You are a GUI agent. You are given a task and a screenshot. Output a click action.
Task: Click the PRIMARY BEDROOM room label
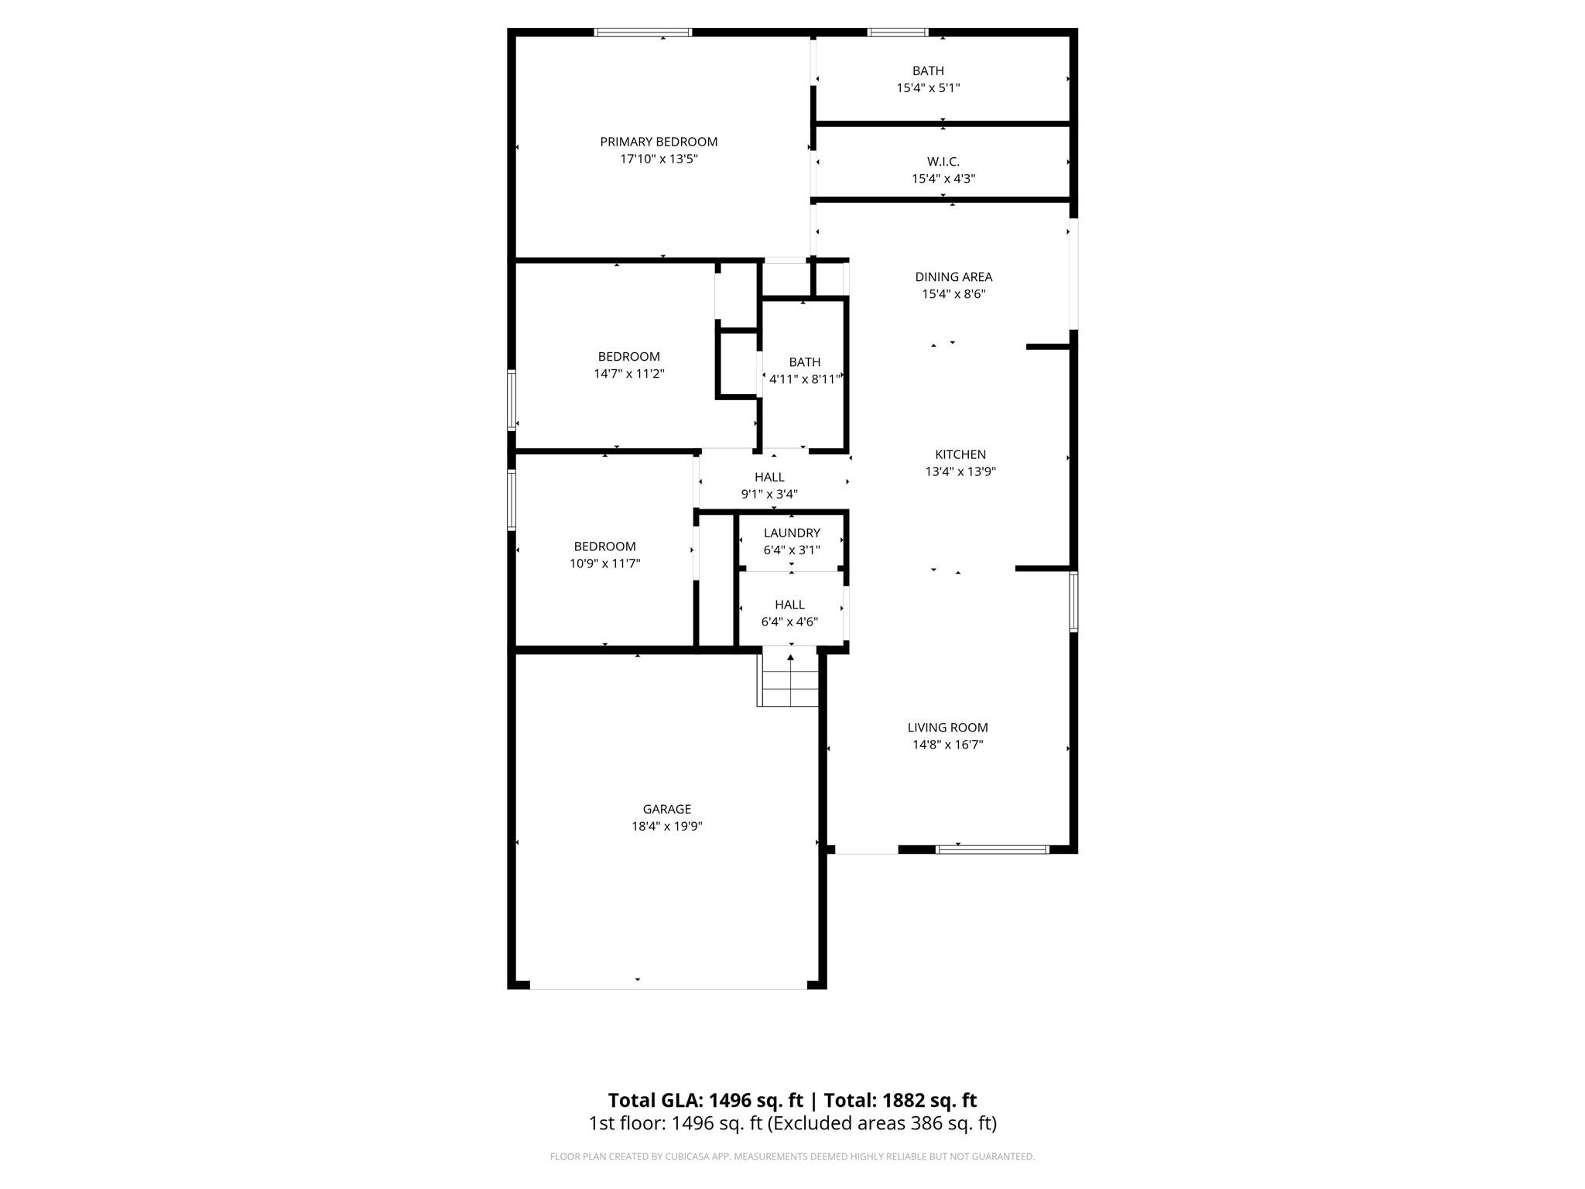point(659,142)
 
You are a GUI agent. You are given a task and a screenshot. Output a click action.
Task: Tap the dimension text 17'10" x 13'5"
point(659,159)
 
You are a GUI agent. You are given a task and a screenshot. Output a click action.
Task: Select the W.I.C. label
point(943,162)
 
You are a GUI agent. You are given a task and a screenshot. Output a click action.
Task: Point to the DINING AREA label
point(953,277)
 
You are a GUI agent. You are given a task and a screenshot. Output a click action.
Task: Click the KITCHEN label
point(960,454)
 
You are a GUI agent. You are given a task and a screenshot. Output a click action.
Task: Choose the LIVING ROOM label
point(947,728)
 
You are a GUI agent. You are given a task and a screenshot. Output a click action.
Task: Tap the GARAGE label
point(666,810)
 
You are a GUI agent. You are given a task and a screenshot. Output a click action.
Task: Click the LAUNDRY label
point(791,533)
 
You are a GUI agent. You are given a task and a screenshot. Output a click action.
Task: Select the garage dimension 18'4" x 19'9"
point(666,827)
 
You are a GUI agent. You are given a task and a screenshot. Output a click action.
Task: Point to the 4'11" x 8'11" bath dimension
point(804,379)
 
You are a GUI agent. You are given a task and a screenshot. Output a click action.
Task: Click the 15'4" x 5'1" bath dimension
point(928,88)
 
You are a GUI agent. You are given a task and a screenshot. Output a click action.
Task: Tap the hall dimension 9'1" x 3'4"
point(769,494)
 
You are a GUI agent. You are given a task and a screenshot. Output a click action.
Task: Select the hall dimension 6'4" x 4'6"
point(789,622)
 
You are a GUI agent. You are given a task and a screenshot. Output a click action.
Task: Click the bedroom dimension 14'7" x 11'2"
point(628,374)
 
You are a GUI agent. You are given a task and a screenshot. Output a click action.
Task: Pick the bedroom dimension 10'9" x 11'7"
point(604,564)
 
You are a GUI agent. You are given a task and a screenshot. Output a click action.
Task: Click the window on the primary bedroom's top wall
point(642,33)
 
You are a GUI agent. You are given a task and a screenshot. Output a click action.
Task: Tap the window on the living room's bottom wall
point(991,849)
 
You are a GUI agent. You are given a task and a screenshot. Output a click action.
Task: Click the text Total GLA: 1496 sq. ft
point(705,1100)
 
